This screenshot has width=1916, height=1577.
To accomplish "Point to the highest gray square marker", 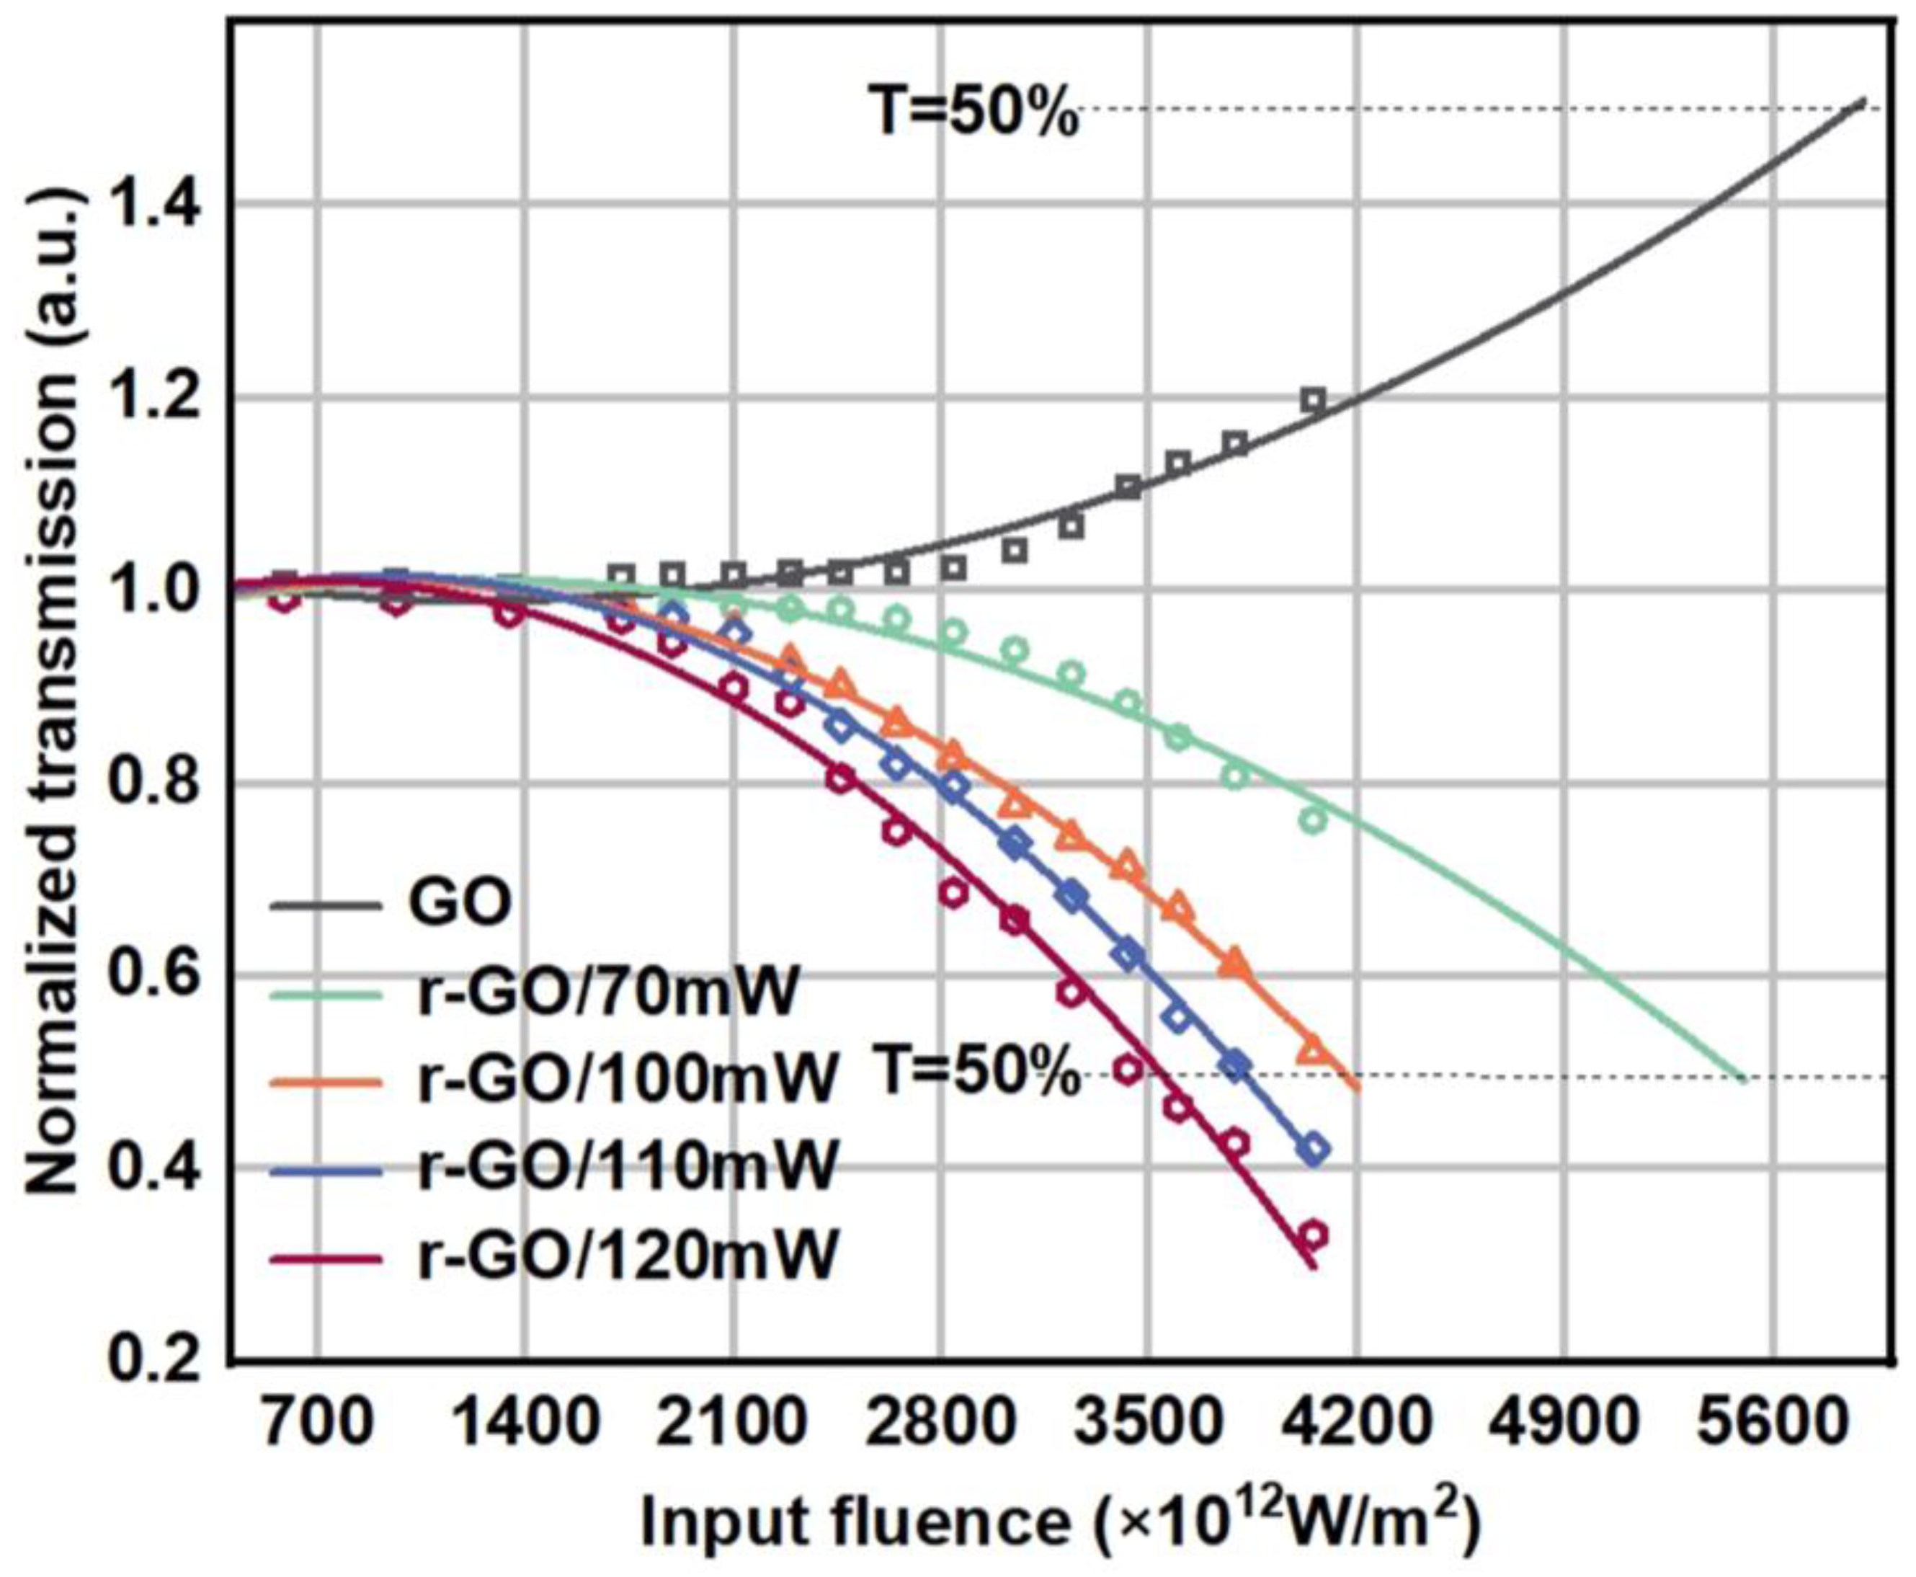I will click(x=1312, y=400).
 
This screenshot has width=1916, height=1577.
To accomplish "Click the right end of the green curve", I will click(x=1742, y=1079).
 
